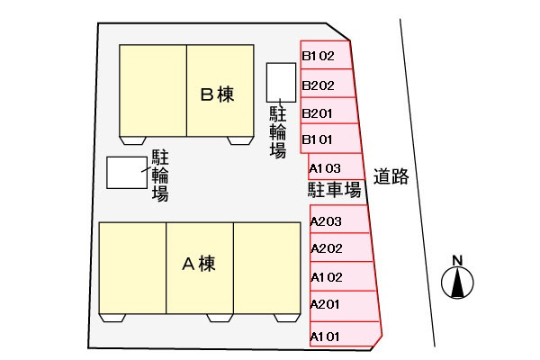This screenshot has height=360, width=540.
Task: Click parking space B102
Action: [x=325, y=56]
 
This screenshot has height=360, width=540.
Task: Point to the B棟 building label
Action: [x=217, y=94]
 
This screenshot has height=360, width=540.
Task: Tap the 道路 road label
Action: [x=392, y=177]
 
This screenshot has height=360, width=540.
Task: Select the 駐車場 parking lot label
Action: [x=334, y=190]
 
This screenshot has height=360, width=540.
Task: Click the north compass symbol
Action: [x=457, y=284]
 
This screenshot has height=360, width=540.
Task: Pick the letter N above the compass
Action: [x=457, y=261]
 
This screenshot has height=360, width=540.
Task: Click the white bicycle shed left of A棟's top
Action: [x=126, y=173]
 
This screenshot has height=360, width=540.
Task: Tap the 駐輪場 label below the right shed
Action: [x=278, y=131]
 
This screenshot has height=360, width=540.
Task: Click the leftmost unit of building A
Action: [x=132, y=268]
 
